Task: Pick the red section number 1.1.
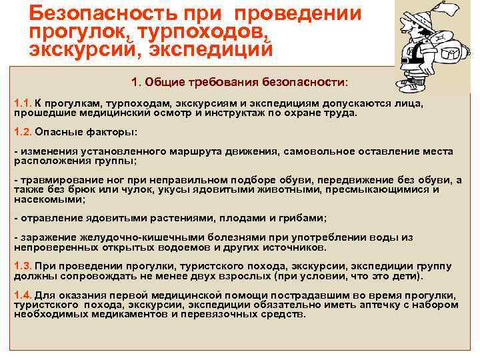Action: click(23, 104)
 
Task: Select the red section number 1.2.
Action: click(23, 131)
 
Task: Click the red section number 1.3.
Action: click(23, 267)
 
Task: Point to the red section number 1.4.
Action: click(23, 295)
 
